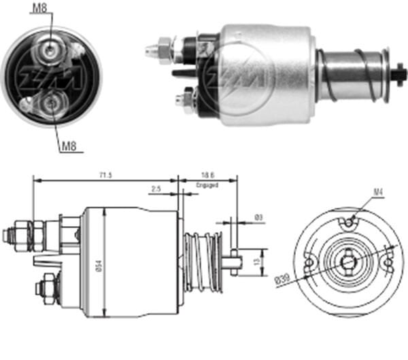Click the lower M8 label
68,145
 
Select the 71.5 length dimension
104,175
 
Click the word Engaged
207,184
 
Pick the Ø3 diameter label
258,217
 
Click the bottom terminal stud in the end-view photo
50,102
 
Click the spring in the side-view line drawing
203,262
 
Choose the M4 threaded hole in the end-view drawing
349,221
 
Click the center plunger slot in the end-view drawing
349,262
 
